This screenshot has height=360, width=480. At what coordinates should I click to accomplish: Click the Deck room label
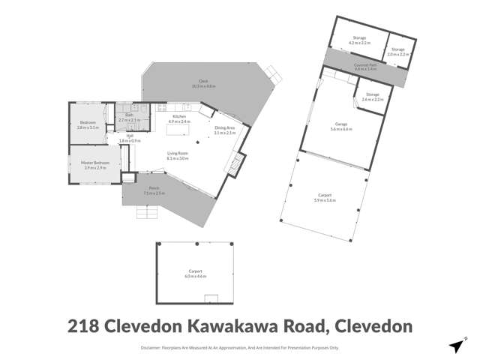tap(203, 82)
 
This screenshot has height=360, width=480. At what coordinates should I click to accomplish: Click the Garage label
tap(341, 127)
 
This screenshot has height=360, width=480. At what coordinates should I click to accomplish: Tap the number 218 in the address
tap(85, 326)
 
